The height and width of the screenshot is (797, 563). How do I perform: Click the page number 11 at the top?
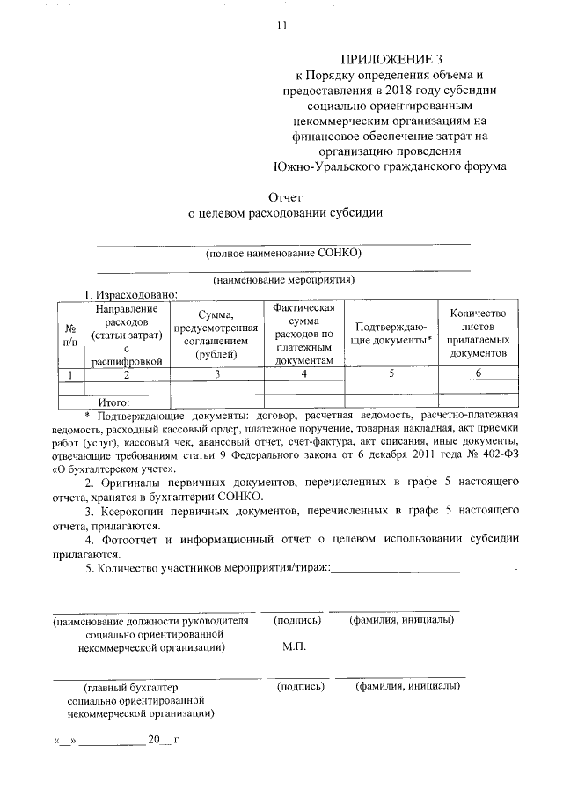coord(281,26)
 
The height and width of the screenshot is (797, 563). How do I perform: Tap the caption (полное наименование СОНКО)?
coord(283,254)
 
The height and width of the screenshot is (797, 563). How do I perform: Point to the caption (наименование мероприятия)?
coord(283,280)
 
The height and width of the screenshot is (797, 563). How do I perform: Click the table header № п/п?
coord(69,332)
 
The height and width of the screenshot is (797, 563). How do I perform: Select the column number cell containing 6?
coord(478,374)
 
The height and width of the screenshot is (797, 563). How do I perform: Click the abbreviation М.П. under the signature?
coord(294,647)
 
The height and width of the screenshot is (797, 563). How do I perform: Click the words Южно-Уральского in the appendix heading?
coord(318,165)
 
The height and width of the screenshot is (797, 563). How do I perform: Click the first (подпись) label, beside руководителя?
coord(296,620)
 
